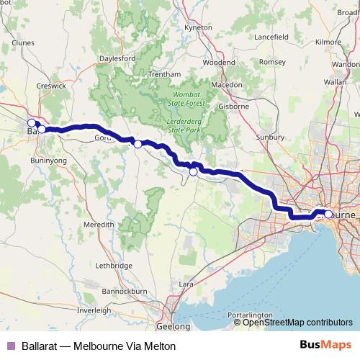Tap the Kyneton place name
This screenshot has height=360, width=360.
pyautogui.click(x=198, y=27)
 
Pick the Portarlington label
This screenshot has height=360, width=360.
pyautogui.click(x=250, y=315)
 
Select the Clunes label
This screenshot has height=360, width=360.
pyautogui.click(x=23, y=42)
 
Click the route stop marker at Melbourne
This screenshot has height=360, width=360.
pyautogui.click(x=328, y=214)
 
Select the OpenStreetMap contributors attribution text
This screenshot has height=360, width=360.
pyautogui.click(x=297, y=323)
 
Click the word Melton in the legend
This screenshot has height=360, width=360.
pyautogui.click(x=159, y=346)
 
